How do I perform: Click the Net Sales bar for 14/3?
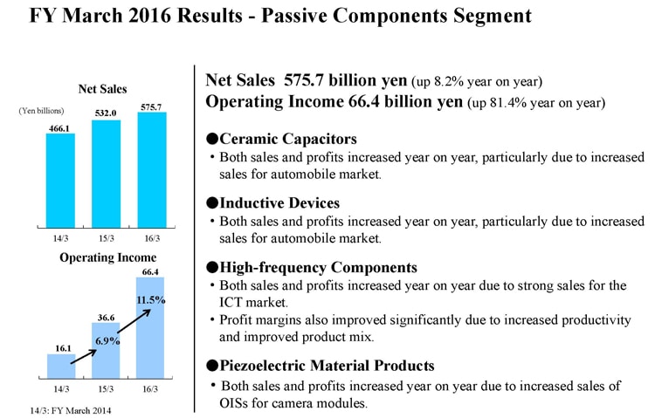(60, 181)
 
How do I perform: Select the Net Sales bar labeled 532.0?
(106, 174)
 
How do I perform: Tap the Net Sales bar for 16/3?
(152, 170)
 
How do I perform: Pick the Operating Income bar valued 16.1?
(61, 367)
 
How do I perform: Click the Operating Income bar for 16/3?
(150, 328)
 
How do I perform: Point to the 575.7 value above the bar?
(151, 107)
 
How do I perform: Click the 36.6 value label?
(106, 318)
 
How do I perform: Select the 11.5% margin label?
(151, 300)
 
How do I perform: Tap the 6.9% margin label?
(107, 340)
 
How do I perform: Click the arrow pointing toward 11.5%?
(134, 321)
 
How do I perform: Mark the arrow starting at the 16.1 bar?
(84, 357)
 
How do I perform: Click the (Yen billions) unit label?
(41, 111)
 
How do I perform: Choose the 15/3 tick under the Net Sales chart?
(106, 238)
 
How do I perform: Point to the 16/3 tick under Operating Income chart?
(150, 389)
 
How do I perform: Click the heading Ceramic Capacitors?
(288, 139)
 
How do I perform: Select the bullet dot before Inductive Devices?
(212, 203)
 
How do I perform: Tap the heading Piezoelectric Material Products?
(327, 366)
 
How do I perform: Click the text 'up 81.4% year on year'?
(536, 103)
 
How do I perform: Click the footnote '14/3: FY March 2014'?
(71, 410)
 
